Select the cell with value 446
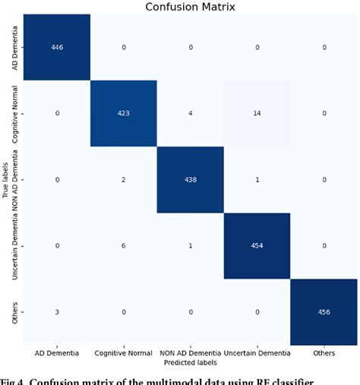point(56,46)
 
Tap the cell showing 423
point(123,113)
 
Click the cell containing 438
point(190,180)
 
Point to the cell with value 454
point(257,246)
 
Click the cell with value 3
point(56,313)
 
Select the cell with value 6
point(123,246)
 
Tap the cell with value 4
point(190,113)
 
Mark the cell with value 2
point(123,180)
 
